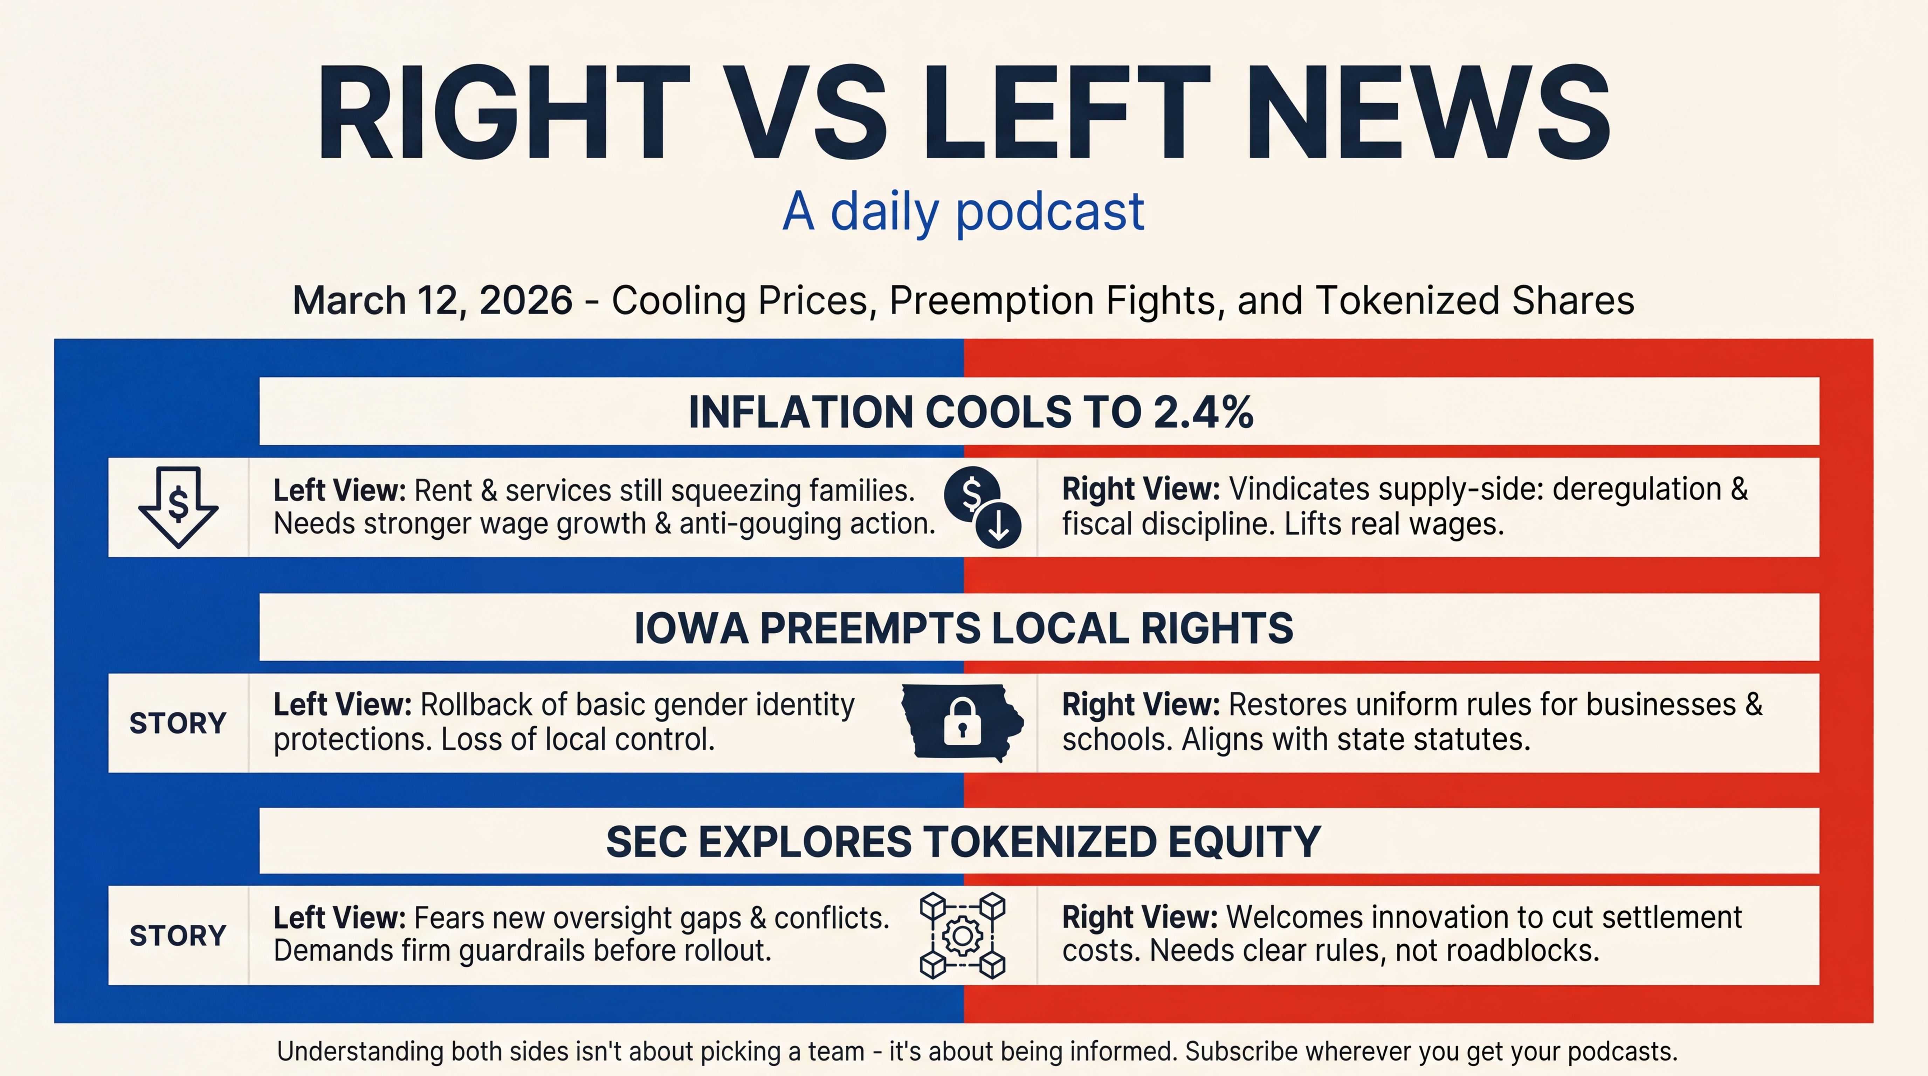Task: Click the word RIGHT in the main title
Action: tap(502, 114)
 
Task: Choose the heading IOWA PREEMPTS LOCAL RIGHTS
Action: tap(963, 628)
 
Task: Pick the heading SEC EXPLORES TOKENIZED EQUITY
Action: tap(963, 842)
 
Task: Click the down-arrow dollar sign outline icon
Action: tap(178, 506)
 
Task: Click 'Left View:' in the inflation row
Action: tap(339, 491)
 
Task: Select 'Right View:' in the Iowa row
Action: tap(1141, 705)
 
